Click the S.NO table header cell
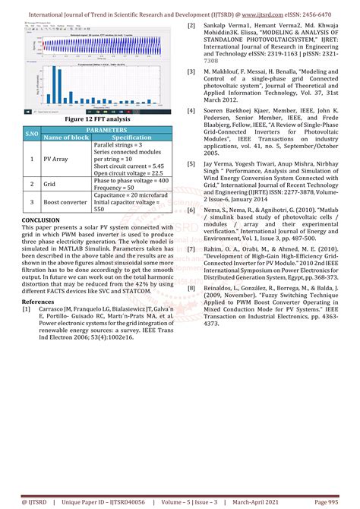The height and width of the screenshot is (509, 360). (x=31, y=134)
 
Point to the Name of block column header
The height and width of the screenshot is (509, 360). (x=66, y=138)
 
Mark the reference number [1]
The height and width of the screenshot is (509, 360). (x=27, y=309)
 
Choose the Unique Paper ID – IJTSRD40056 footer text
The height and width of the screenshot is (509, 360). (x=109, y=502)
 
